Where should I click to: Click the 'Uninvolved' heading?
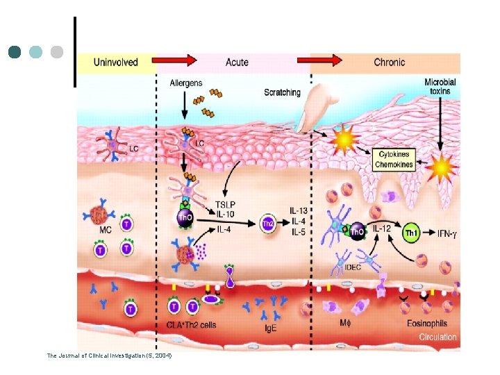(115, 62)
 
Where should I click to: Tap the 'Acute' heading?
(237, 62)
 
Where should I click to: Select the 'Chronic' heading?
(390, 62)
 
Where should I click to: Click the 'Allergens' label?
(186, 83)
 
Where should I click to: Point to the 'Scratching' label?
(282, 92)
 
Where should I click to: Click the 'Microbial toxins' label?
(440, 87)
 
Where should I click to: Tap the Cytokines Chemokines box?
(394, 160)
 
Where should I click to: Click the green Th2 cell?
(267, 223)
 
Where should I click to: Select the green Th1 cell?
(412, 234)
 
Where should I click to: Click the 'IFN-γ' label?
(447, 234)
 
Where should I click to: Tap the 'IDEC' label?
(335, 267)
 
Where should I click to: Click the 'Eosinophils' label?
(427, 323)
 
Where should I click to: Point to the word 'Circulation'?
(437, 337)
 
